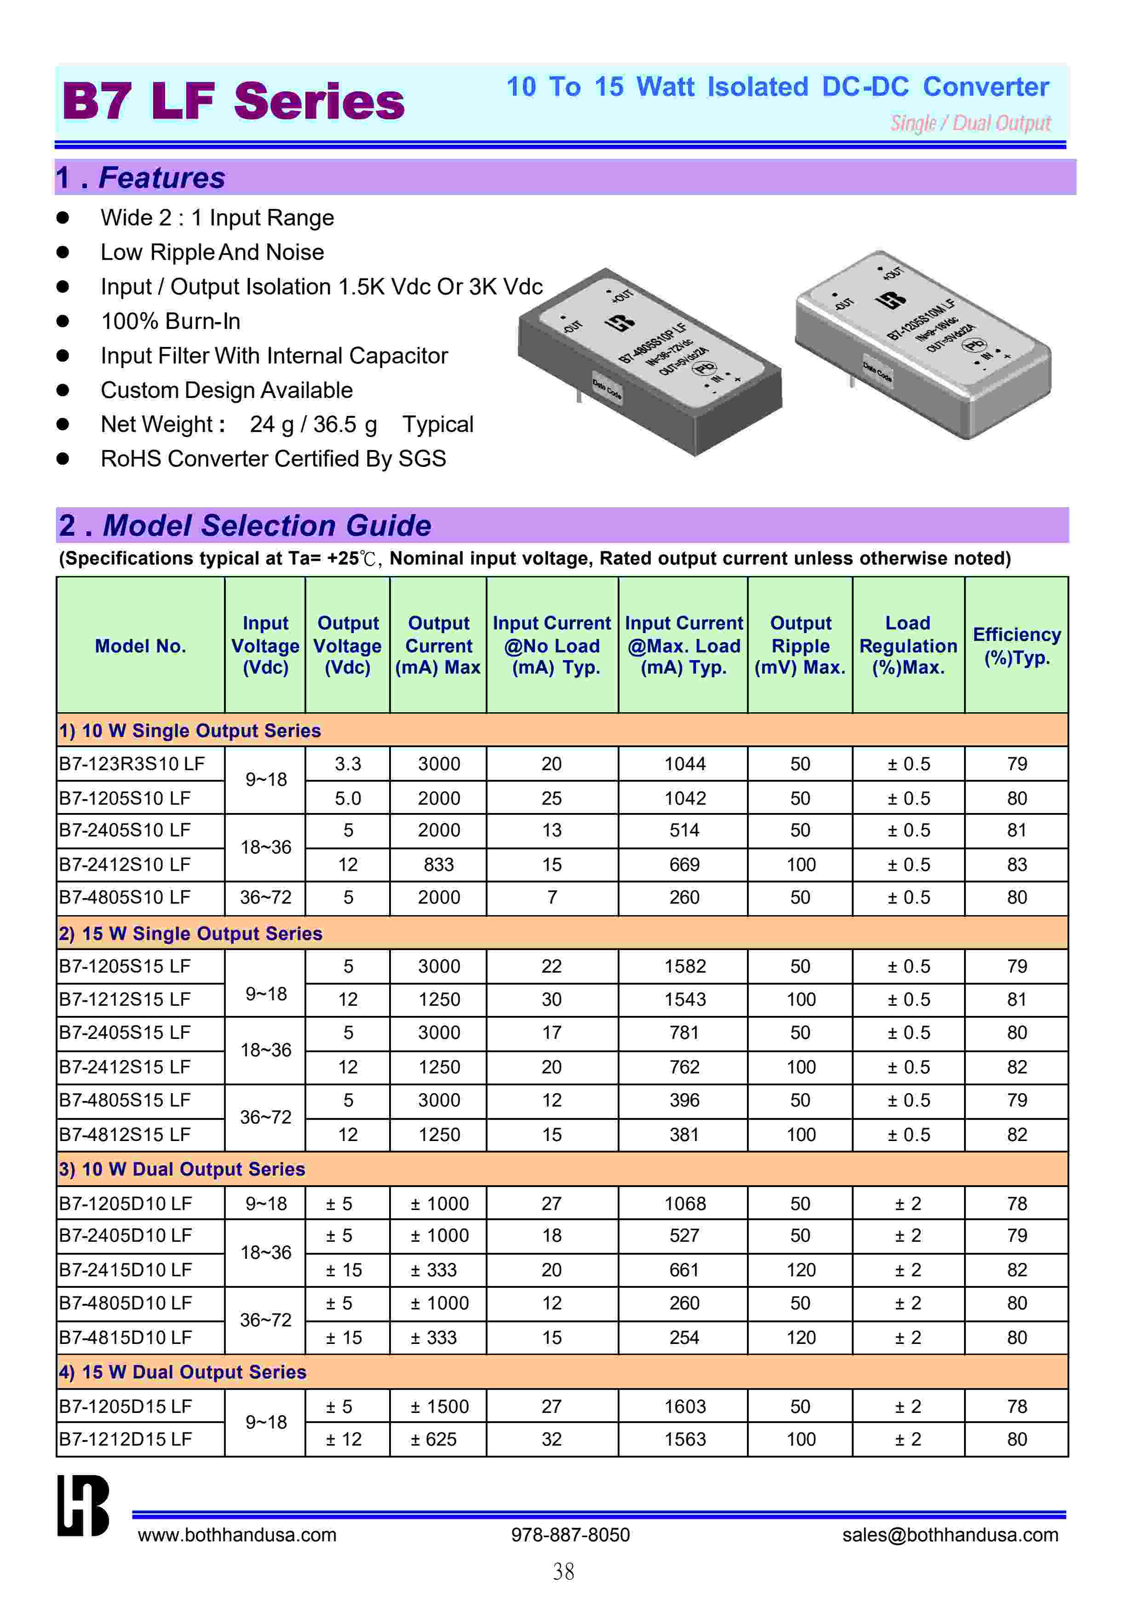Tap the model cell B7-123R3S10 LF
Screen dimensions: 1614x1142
132,764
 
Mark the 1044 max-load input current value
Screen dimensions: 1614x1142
684,764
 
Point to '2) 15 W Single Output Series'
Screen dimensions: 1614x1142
190,933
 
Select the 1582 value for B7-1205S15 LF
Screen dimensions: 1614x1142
684,966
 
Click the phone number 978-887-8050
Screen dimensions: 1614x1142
570,1534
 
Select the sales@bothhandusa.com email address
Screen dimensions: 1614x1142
950,1534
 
